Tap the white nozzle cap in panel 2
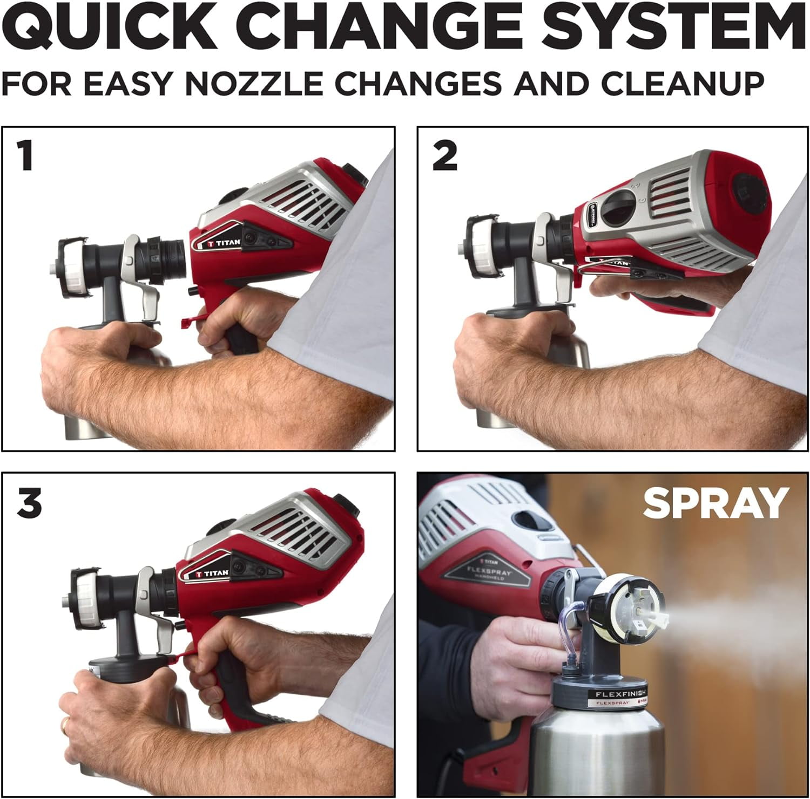(483, 245)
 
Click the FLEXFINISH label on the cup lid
(620, 694)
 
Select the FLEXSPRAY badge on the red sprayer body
(491, 571)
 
